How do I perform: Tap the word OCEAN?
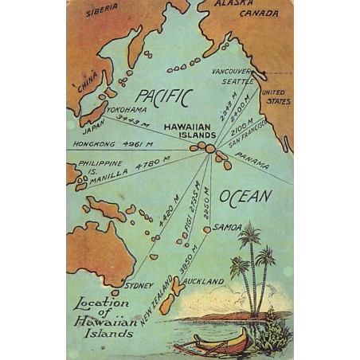point(245,196)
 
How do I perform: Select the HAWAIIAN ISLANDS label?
point(189,131)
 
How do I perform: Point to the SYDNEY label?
point(139,284)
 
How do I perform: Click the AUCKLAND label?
point(202,281)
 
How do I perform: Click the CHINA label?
point(88,82)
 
